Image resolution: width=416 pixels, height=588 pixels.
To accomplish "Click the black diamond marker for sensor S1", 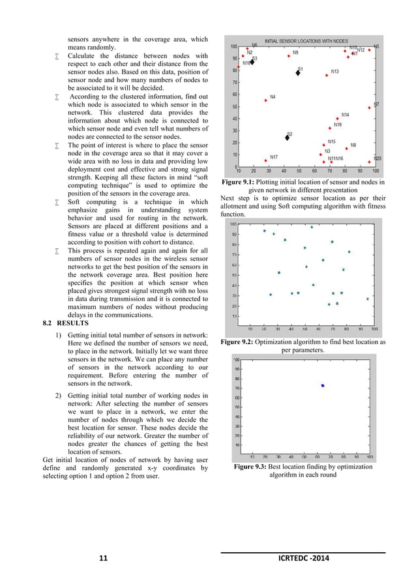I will (x=297, y=72).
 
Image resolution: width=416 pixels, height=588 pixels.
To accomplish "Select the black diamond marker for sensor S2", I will (x=288, y=138).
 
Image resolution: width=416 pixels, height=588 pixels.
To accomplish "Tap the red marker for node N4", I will (x=265, y=100).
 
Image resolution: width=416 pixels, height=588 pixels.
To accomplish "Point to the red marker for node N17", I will (x=265, y=160).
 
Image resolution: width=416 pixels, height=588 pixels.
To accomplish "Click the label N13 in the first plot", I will (x=334, y=72).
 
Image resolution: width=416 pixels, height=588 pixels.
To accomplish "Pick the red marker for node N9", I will (x=288, y=56).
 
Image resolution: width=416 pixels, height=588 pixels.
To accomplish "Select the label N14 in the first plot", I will (x=345, y=115).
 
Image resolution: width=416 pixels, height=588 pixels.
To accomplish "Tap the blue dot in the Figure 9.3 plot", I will (x=323, y=386).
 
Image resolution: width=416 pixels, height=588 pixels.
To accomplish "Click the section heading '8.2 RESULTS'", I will (x=63, y=323).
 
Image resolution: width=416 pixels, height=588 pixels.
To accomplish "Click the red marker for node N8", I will (x=346, y=148).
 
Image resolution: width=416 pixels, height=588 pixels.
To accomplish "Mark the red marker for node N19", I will (x=329, y=128).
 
